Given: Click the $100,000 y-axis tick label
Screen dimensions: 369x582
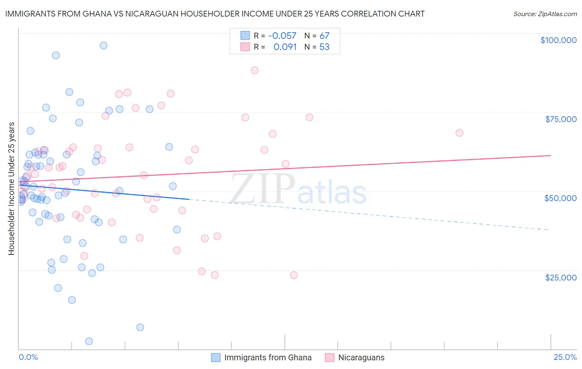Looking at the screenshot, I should pos(558,40).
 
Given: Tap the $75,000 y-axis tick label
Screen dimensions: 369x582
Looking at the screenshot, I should pos(561,119).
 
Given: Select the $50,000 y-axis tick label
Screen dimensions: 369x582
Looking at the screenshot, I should pos(560,198).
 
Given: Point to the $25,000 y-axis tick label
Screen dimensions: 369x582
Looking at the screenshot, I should pos(561,278).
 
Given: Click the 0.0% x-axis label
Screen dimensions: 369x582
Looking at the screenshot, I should pos(28,357).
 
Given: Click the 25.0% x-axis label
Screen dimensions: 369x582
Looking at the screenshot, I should pos(565,357).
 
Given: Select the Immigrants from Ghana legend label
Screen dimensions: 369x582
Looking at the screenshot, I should pos(268,357).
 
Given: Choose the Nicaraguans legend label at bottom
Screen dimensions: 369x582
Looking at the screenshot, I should pos(361,357).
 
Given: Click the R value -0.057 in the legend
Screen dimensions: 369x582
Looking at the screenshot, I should pos(282,36).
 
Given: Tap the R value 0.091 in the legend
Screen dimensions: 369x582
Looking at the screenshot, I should pos(285,47).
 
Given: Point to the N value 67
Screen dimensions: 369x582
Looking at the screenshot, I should pos(325,36).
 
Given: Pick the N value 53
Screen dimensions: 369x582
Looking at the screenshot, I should pos(325,47).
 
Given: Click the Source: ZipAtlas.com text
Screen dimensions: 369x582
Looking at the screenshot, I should pos(545,14).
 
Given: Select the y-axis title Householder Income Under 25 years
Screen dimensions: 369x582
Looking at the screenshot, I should pos(12,188).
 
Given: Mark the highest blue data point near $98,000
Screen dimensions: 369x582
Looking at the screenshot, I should pos(103,46).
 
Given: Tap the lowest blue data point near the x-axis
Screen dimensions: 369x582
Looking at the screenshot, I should pos(89,341).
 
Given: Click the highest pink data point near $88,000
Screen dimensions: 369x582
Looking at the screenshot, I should pos(255,70).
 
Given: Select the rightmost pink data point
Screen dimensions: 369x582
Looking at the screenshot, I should pos(459,133).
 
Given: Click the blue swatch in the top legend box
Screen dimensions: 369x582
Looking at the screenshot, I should pos(245,36).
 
